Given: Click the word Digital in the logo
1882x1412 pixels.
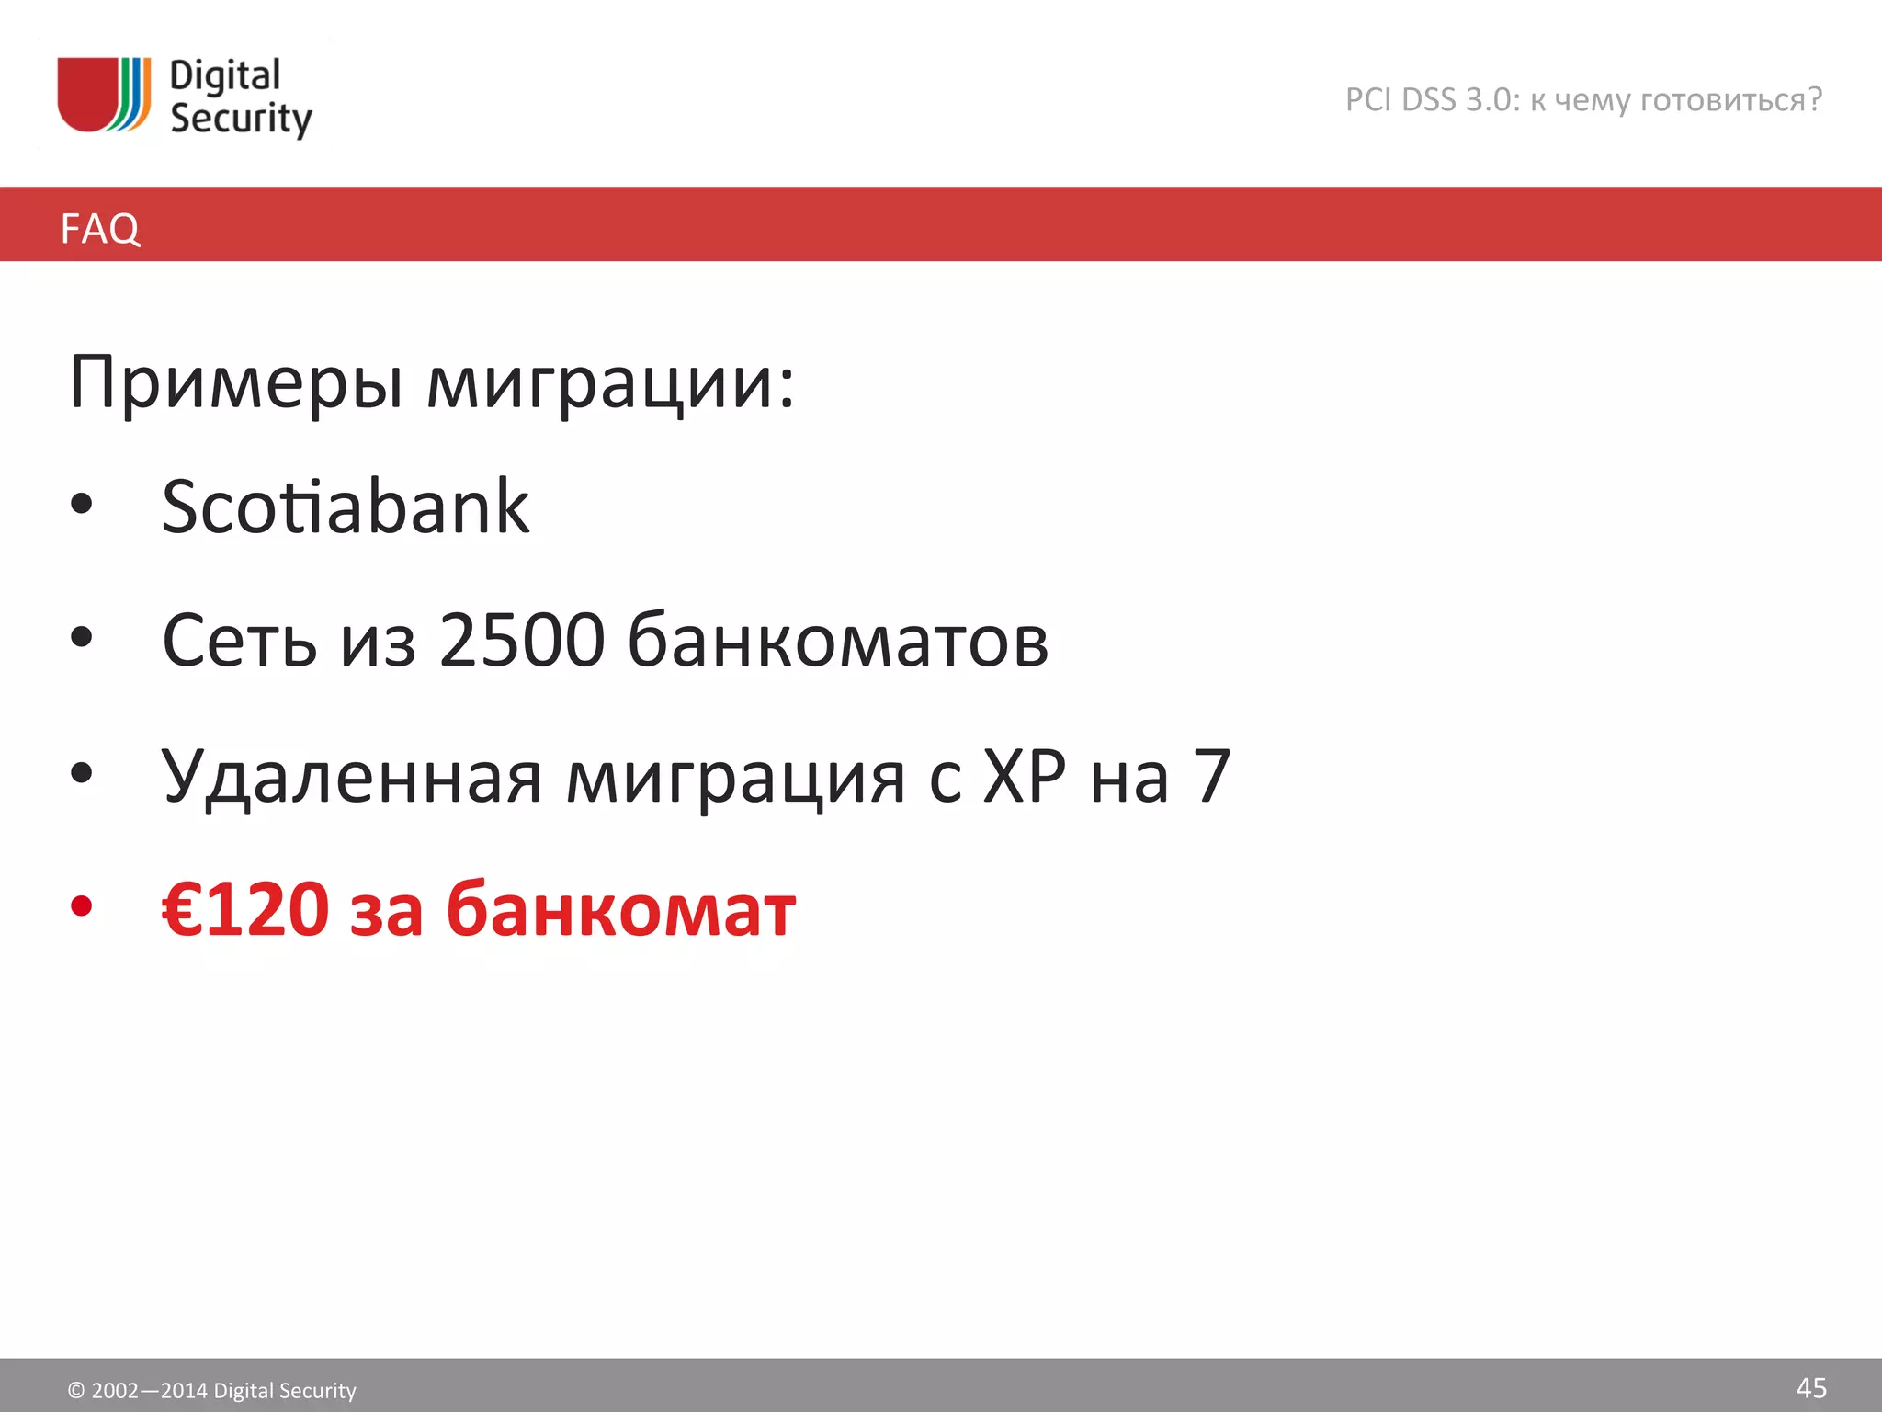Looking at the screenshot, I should click(225, 76).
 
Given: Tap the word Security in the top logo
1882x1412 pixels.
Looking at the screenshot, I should click(241, 120).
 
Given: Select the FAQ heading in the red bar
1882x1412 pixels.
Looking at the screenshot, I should click(100, 228).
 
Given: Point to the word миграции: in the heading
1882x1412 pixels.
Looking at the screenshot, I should click(610, 382).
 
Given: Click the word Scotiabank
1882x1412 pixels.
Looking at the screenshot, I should click(346, 507).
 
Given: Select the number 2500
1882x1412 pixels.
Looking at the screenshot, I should click(522, 640).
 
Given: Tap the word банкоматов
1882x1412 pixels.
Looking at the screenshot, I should click(837, 640).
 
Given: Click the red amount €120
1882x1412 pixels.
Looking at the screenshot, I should click(245, 909).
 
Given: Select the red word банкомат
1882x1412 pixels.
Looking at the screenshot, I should click(620, 910).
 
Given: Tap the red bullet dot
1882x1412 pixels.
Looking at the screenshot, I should click(82, 906).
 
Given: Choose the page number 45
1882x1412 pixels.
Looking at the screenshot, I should click(1811, 1388).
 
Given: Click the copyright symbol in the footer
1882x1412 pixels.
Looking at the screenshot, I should click(76, 1391).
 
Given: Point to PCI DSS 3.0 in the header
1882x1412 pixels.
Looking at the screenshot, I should click(1432, 99).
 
